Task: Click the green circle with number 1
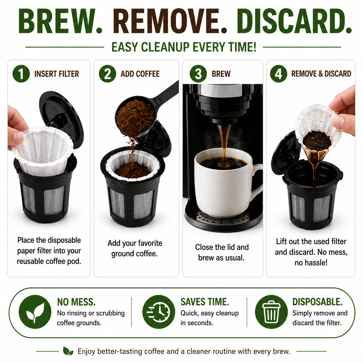tap(21, 74)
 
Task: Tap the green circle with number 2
tap(107, 74)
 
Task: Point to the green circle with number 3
tap(198, 74)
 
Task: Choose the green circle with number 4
tap(278, 74)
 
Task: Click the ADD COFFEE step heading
tap(140, 74)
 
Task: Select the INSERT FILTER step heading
tap(56, 74)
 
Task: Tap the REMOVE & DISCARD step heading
tap(321, 74)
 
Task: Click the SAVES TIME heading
tap(205, 302)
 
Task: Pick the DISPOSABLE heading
tap(318, 302)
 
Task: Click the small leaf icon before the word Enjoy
tap(68, 351)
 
